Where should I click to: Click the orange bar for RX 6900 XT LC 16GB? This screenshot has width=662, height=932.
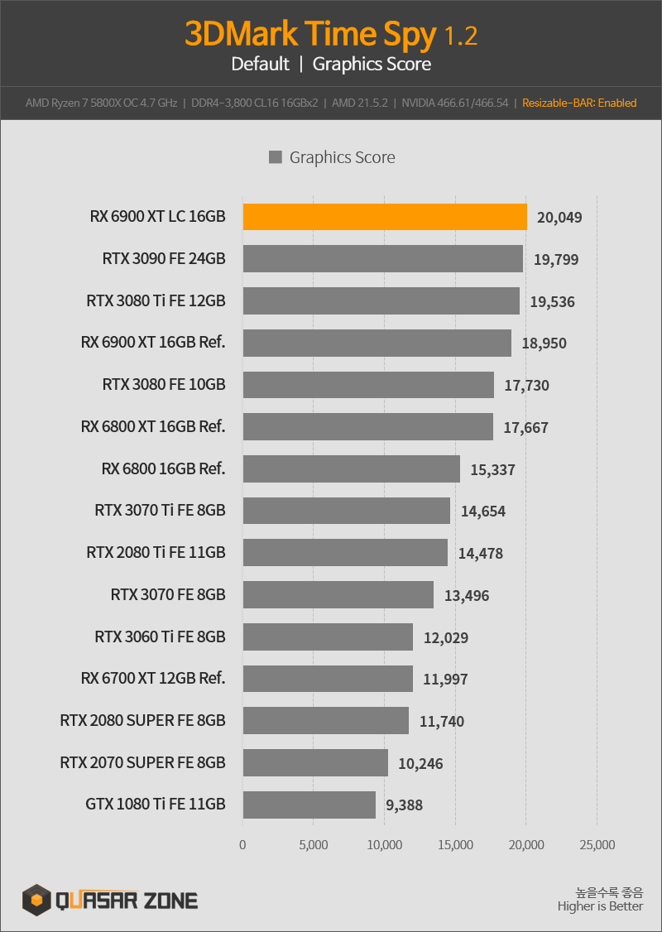[x=385, y=217]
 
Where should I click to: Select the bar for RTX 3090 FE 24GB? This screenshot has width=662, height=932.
[x=382, y=258]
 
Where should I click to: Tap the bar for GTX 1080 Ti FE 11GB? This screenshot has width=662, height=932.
[x=309, y=805]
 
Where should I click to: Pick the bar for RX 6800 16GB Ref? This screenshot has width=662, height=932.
[x=351, y=469]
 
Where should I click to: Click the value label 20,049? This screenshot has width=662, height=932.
[x=559, y=218]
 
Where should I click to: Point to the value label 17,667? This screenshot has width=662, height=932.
[x=526, y=427]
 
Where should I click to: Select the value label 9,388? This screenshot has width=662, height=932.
[x=404, y=805]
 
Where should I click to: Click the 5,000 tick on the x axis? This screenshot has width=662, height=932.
[x=313, y=844]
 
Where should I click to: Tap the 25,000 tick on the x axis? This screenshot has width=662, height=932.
[x=597, y=844]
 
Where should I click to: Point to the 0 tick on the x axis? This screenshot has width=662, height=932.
[x=242, y=844]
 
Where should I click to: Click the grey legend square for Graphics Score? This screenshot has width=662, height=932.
[x=275, y=157]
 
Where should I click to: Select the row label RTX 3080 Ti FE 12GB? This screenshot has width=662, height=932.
[x=156, y=300]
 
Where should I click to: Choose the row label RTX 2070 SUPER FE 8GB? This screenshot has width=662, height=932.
[x=142, y=762]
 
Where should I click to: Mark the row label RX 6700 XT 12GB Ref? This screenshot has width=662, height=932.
[x=153, y=678]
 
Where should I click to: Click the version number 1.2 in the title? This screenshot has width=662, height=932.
[x=461, y=37]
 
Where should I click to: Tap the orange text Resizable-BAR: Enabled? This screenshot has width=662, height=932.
[x=579, y=103]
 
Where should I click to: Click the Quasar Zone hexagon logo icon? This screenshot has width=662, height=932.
[x=37, y=900]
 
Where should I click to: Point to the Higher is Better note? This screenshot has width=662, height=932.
[x=600, y=906]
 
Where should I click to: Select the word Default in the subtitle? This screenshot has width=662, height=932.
[x=261, y=64]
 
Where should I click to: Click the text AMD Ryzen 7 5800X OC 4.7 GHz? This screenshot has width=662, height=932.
[x=101, y=103]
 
